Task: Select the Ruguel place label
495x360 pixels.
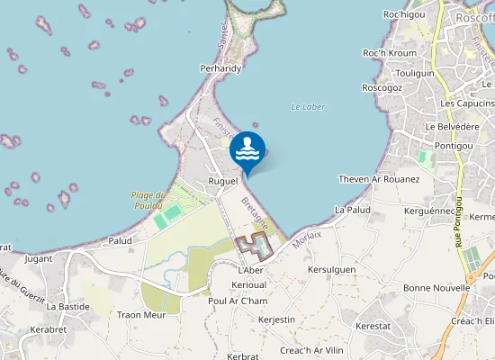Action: point(222,181)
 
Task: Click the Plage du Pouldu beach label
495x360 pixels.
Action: point(148,200)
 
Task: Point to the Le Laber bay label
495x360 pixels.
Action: point(307,107)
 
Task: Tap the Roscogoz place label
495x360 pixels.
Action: point(382,87)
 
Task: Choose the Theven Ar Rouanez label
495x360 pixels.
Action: point(379,179)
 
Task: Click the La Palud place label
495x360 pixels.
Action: point(352,209)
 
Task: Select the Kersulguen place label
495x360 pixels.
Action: point(331,269)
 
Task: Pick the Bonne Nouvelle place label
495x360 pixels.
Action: point(436,287)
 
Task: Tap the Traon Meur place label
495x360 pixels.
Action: point(140,315)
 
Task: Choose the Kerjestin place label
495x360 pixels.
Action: point(276,319)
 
